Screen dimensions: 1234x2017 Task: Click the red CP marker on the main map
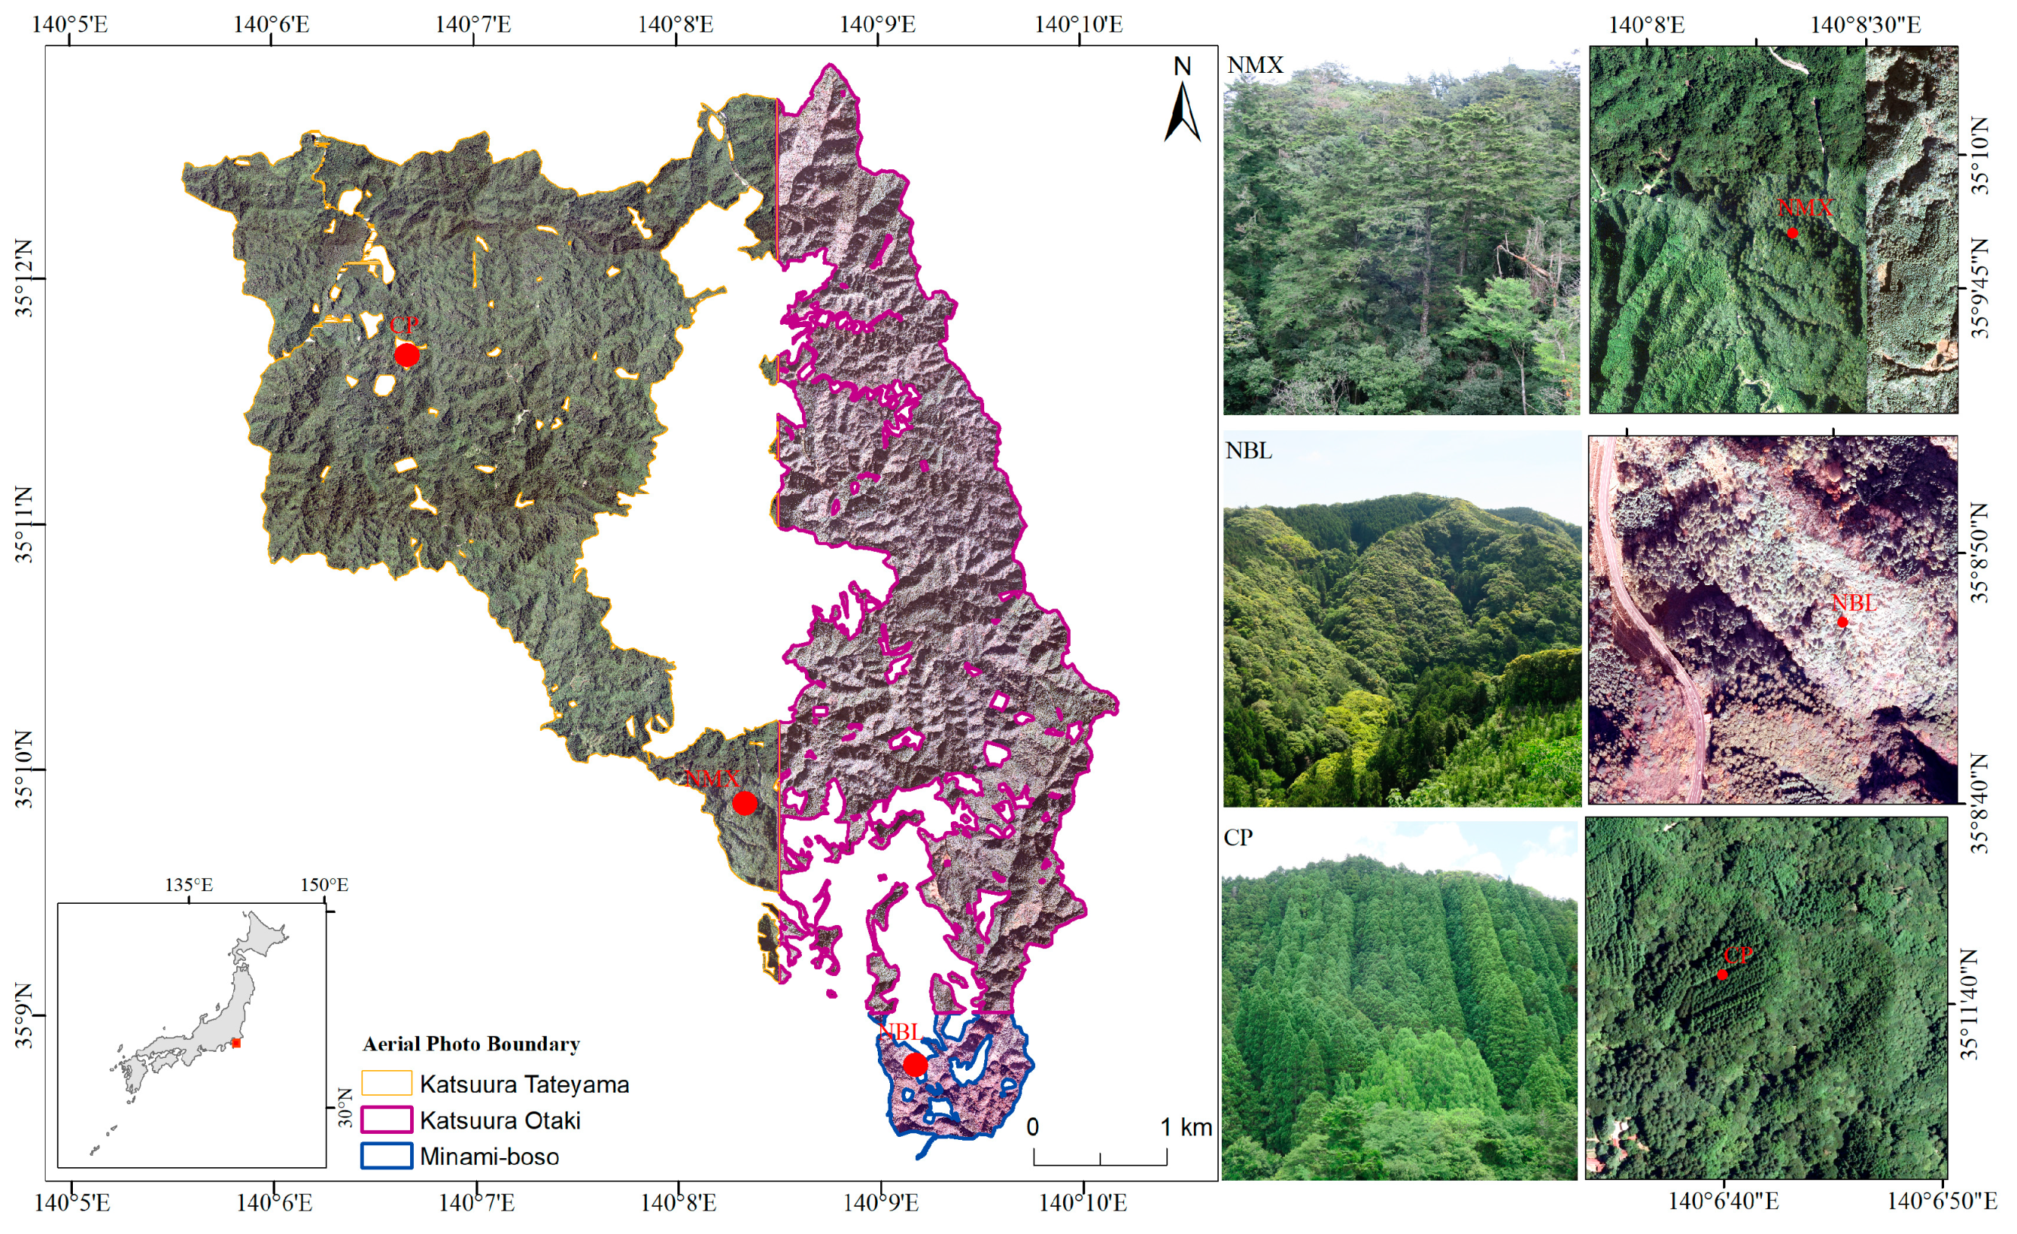pos(407,355)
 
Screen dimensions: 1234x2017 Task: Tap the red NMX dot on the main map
pos(744,804)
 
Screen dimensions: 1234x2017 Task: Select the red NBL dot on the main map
pos(915,1065)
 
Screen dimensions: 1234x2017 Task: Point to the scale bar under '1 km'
pos(1100,1157)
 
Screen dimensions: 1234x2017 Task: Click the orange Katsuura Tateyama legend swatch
pos(387,1084)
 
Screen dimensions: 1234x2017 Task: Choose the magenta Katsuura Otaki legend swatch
pos(387,1119)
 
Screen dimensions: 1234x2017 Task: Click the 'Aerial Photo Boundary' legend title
pos(472,1044)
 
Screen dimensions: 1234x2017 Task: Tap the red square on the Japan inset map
pos(235,1044)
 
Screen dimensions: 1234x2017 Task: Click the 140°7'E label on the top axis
pos(473,24)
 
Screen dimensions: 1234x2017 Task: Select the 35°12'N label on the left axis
pos(24,279)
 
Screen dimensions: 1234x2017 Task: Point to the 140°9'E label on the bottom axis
pos(881,1202)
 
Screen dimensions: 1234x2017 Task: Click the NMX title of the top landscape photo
pos(1255,65)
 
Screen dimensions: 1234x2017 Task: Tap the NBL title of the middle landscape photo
pos(1249,451)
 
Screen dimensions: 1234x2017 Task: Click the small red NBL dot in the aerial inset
pos(1842,622)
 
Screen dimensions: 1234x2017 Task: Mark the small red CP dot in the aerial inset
pos(1722,974)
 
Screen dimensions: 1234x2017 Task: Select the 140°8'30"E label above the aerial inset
pos(1866,24)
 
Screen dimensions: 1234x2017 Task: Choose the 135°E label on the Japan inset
pos(189,885)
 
